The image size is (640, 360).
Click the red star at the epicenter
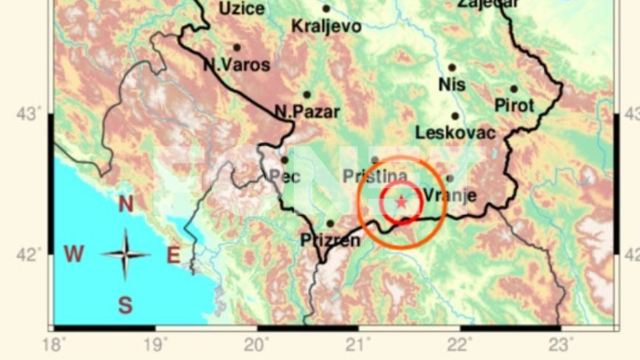[x=401, y=201]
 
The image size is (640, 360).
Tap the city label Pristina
[x=375, y=176]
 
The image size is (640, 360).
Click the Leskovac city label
[x=456, y=133]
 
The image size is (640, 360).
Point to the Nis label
[x=451, y=86]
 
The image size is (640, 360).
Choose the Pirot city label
[x=514, y=105]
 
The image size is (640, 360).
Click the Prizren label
[x=330, y=241]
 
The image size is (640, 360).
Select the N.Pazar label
[x=307, y=112]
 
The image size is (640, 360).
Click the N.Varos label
[x=236, y=65]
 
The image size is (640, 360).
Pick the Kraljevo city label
[x=326, y=26]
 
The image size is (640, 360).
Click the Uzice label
[x=242, y=8]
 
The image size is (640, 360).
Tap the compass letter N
[x=126, y=204]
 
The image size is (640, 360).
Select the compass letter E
[x=172, y=255]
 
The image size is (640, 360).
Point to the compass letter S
[x=125, y=305]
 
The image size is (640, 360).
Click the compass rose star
[x=125, y=254]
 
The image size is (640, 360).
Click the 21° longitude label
[x=356, y=345]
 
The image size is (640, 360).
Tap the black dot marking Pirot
[x=513, y=89]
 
